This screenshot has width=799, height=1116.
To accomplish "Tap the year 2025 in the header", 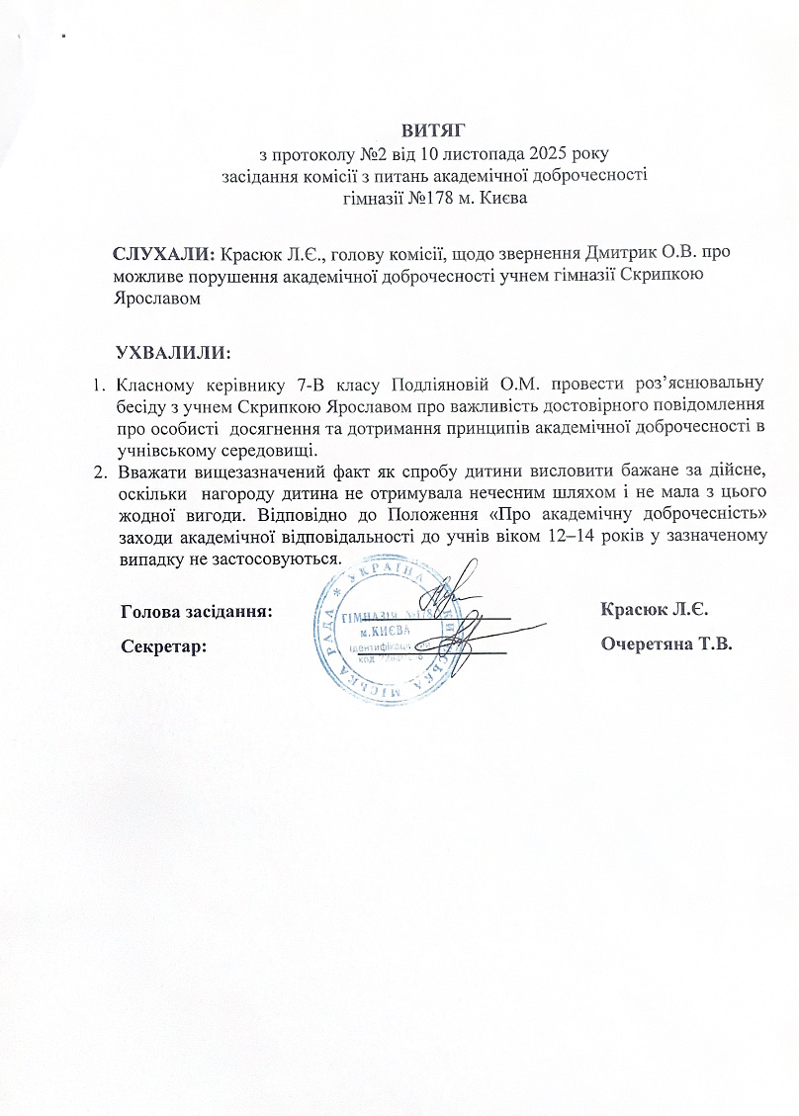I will pos(533,154).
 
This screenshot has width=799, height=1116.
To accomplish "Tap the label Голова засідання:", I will pos(195,610).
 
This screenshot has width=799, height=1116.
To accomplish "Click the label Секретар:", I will pos(164,645).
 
